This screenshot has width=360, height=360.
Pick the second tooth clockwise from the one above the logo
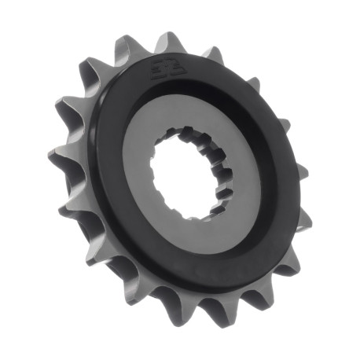pos(250,82)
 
